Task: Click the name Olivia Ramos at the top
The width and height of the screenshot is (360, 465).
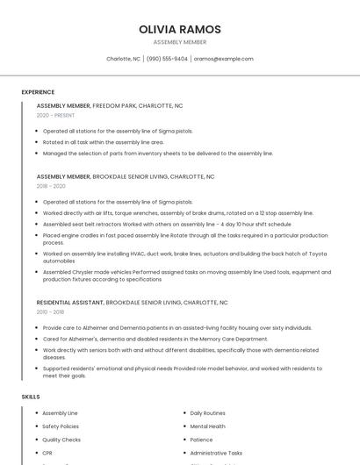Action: pos(180,30)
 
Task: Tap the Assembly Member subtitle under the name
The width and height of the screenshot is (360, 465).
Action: pos(180,42)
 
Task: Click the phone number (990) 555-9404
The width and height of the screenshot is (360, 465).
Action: pos(167,59)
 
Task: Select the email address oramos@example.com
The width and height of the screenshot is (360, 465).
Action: pos(223,59)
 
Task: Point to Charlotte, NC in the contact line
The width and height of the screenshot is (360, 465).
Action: pos(123,59)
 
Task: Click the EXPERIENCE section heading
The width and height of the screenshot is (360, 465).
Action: pos(38,92)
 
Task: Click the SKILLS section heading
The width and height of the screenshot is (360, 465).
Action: pos(31,397)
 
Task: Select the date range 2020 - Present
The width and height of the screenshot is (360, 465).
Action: pos(55,115)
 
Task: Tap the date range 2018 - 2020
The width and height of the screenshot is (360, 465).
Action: pos(51,186)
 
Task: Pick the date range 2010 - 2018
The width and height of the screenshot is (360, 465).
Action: pos(51,311)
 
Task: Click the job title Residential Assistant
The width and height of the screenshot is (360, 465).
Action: pos(70,303)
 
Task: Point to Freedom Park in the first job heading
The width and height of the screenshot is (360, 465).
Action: pos(113,105)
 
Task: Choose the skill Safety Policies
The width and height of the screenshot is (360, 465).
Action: pos(61,426)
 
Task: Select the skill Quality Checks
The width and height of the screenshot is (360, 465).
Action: pos(61,440)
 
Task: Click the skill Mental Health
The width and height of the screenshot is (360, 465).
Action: pos(207,426)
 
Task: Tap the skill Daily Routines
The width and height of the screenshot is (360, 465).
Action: pos(208,412)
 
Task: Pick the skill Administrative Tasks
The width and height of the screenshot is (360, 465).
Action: pos(216,454)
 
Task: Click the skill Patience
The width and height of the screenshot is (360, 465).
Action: pos(202,440)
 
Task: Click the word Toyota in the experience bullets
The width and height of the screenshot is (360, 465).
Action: pos(316,254)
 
